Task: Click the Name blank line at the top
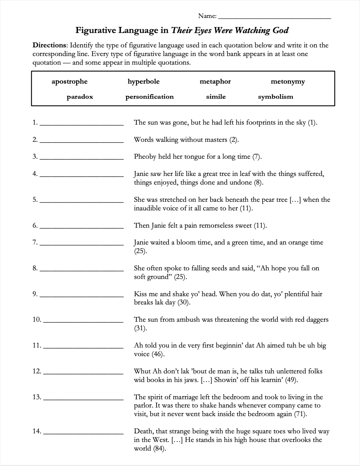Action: (274, 17)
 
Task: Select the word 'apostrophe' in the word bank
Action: (69, 81)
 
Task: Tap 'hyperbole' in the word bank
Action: (143, 81)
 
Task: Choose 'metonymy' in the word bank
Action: (288, 81)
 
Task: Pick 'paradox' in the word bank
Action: (80, 97)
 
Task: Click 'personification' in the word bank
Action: (149, 97)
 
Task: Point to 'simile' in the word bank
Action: (216, 97)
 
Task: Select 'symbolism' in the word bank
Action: (276, 97)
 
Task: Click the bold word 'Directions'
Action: (50, 45)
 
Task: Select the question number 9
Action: (35, 294)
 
